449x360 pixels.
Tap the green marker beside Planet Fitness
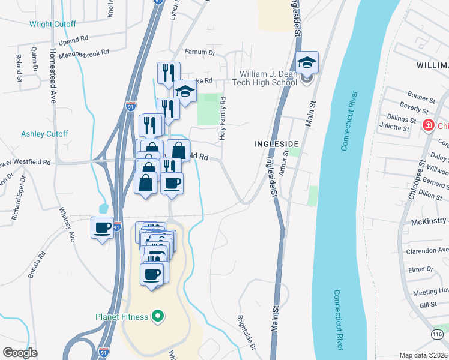(158, 316)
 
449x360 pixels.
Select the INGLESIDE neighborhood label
(276, 145)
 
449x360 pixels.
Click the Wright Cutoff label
(53, 25)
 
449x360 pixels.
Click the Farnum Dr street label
(200, 53)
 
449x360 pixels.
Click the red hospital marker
(429, 126)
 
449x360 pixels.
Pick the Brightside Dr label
(246, 333)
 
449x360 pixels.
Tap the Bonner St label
(421, 97)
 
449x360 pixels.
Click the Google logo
(20, 352)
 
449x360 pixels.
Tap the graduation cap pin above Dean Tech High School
(307, 62)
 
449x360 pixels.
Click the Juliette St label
(394, 128)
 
